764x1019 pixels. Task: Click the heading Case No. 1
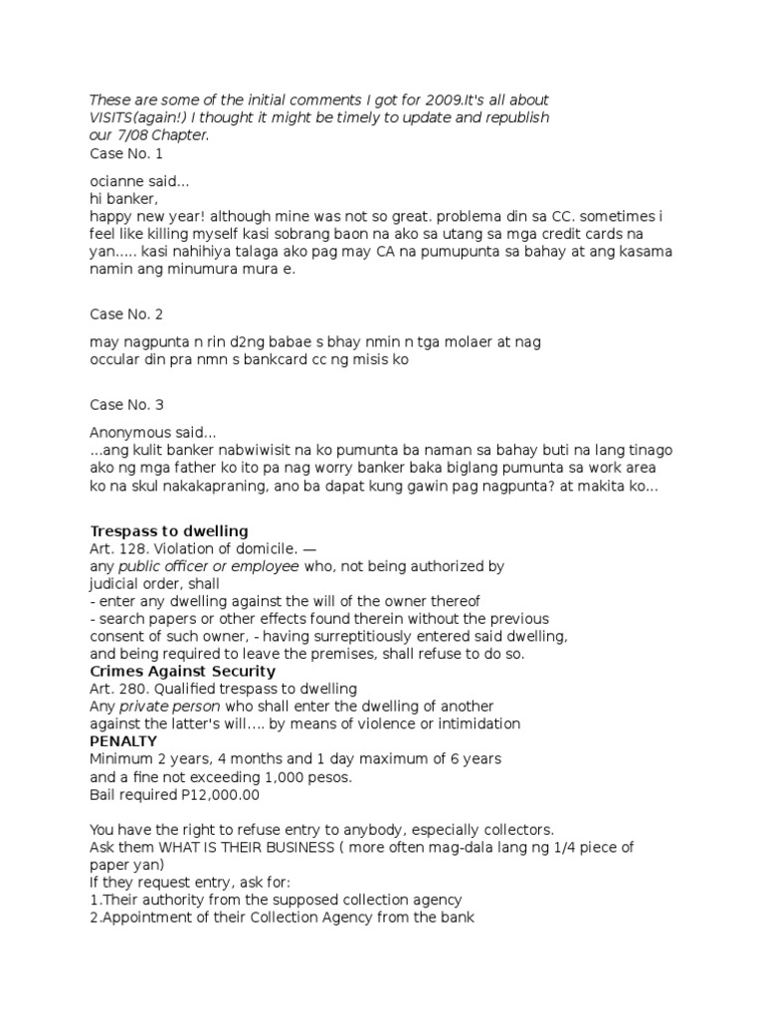click(x=126, y=153)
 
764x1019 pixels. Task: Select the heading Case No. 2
click(x=126, y=314)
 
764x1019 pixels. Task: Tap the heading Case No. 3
click(x=126, y=405)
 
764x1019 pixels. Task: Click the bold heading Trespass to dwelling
click(x=169, y=530)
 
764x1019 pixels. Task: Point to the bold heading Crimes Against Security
click(x=183, y=672)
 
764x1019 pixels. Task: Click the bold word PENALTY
click(x=124, y=741)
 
